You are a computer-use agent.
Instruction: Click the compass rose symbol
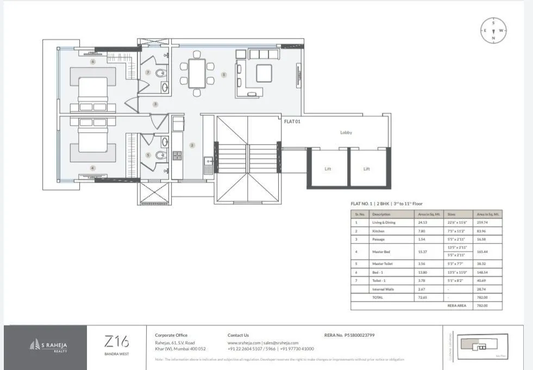[493, 30]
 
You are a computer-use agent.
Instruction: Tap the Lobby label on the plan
[346, 133]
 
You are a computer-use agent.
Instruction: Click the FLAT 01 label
[292, 122]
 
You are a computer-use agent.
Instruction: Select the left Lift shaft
[328, 169]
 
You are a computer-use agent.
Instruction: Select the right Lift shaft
[367, 169]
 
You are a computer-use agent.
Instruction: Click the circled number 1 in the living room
[223, 74]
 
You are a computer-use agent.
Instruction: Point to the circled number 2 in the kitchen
[192, 145]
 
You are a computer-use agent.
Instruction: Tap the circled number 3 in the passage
[155, 104]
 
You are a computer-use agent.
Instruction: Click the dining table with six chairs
[197, 73]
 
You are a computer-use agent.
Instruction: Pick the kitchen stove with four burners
[177, 155]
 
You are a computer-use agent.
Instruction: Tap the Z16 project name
[116, 342]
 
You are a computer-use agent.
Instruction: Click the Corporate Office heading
[171, 335]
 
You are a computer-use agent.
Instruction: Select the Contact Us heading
[238, 335]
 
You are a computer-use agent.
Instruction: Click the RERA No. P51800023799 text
[349, 335]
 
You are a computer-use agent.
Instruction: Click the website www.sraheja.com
[244, 343]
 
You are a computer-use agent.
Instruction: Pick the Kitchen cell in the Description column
[378, 231]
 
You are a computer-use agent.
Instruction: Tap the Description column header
[381, 214]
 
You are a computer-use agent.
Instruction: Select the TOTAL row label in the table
[378, 298]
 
